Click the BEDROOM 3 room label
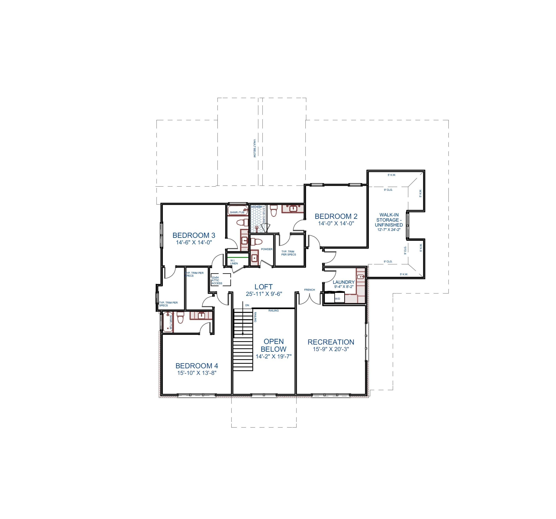(x=194, y=235)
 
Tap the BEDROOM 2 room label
(x=336, y=217)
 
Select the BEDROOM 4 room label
(x=197, y=366)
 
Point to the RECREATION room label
(x=331, y=342)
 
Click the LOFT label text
(x=263, y=287)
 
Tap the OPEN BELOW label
(x=273, y=345)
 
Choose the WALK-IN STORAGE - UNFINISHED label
(x=389, y=220)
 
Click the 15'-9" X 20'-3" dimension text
(x=331, y=349)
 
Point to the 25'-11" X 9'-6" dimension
(x=264, y=294)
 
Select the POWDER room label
(x=266, y=249)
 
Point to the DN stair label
(x=247, y=305)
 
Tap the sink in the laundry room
(x=361, y=277)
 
